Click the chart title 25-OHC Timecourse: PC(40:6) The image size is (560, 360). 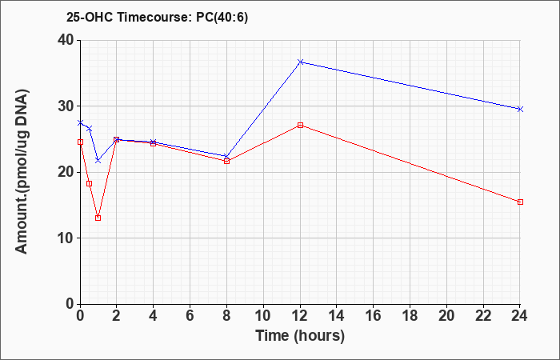coord(157,18)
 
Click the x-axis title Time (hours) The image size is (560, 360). coord(300,336)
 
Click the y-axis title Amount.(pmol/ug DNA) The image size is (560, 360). coord(22,172)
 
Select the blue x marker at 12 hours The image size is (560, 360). coord(300,62)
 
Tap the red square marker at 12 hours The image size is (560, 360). coord(300,125)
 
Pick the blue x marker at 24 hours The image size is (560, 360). coord(520,109)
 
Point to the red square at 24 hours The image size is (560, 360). coord(520,202)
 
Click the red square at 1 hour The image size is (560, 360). coord(98,218)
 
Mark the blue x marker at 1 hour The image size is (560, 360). coord(98,160)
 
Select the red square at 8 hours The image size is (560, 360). coord(226,161)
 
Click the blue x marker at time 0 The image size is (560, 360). coord(80,122)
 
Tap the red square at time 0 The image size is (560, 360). coord(80,142)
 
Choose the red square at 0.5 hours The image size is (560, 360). coord(90,183)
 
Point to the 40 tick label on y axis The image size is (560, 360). coord(66,40)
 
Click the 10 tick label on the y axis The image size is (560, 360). coord(66,238)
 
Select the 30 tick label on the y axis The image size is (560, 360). coord(66,106)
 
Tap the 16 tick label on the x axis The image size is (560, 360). coord(374,316)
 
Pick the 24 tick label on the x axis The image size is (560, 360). coord(520,316)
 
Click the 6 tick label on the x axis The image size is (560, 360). coord(190,316)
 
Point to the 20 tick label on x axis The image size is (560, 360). coord(446,316)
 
